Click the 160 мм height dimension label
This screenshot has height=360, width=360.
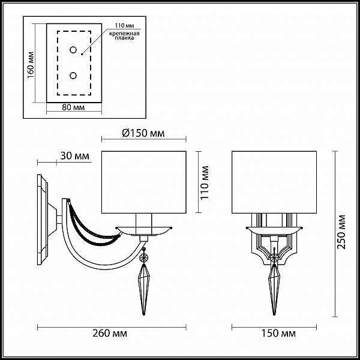[x=31, y=65]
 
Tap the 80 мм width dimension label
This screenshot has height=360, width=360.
[x=73, y=107]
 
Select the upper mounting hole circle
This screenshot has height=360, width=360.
[x=73, y=50]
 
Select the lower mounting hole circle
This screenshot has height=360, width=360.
[x=73, y=76]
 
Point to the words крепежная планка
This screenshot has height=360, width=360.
[x=124, y=35]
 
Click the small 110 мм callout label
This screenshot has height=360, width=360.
[x=124, y=25]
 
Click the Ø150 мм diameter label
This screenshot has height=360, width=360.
[x=143, y=133]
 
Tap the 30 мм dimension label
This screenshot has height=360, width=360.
[x=74, y=156]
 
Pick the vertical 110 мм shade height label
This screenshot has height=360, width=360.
[x=205, y=182]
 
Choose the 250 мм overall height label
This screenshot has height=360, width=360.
[x=341, y=232]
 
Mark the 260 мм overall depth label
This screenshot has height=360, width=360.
[x=110, y=334]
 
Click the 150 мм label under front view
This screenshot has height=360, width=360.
[x=279, y=334]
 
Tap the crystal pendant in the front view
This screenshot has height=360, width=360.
[x=274, y=290]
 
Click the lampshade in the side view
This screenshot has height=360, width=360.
[x=144, y=182]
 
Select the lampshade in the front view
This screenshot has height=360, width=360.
[x=274, y=182]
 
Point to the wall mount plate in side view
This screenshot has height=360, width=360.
[x=43, y=220]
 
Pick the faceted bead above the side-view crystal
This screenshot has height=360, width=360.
[x=144, y=257]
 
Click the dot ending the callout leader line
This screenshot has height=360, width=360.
[x=82, y=55]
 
